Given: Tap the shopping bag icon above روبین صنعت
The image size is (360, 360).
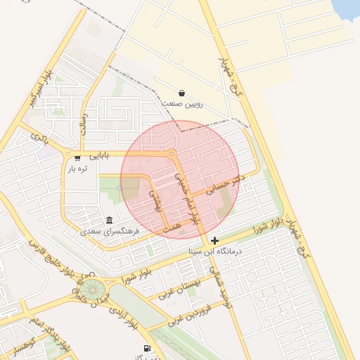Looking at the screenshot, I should point(181,93).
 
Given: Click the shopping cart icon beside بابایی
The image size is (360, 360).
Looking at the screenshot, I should point(77,157).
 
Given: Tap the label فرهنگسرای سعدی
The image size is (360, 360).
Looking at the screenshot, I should point(109,231).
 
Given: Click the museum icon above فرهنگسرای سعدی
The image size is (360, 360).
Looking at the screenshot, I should point(109,220).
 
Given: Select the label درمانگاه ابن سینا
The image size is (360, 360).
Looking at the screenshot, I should point(215,250).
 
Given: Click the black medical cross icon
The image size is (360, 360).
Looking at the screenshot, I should point(214,240).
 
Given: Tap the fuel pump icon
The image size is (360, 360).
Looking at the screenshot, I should point(147,348).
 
